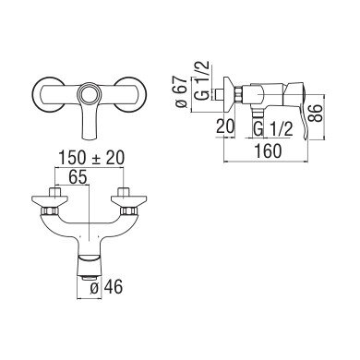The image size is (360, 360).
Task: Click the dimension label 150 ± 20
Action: click(x=91, y=158)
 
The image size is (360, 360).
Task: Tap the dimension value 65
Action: click(x=78, y=177)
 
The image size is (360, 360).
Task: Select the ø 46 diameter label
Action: click(x=106, y=287)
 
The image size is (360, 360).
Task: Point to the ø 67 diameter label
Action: click(x=181, y=91)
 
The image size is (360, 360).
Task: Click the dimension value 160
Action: click(x=268, y=151)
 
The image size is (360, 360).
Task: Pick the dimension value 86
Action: click(x=316, y=114)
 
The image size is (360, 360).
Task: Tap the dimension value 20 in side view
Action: click(x=225, y=126)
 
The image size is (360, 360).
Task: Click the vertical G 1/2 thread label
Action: click(x=202, y=79)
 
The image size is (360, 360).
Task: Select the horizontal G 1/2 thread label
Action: click(x=272, y=129)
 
